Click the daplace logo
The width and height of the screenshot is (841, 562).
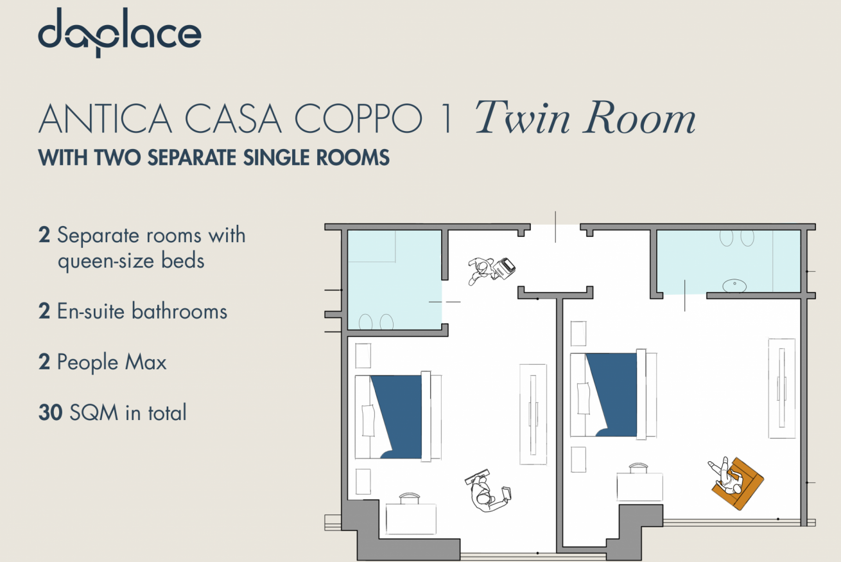coord(119,33)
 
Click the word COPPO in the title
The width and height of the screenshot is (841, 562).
coord(358,118)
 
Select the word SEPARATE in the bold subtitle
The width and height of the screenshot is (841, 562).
coord(192,157)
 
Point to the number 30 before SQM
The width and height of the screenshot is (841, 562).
coord(50,412)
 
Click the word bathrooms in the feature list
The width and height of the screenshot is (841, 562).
coord(180,311)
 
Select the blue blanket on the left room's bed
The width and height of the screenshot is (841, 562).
coord(399,417)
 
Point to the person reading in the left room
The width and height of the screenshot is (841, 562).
coord(487,490)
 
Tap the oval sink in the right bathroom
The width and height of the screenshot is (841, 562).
coord(734,286)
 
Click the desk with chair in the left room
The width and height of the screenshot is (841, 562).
coord(411,514)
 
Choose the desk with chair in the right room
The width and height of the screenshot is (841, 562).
coord(640,482)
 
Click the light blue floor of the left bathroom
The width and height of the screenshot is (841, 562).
coord(394,280)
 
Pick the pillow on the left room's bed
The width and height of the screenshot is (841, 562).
coord(368,420)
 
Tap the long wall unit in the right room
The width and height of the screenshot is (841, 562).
coord(782,389)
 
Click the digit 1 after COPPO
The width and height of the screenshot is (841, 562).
coord(447,118)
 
